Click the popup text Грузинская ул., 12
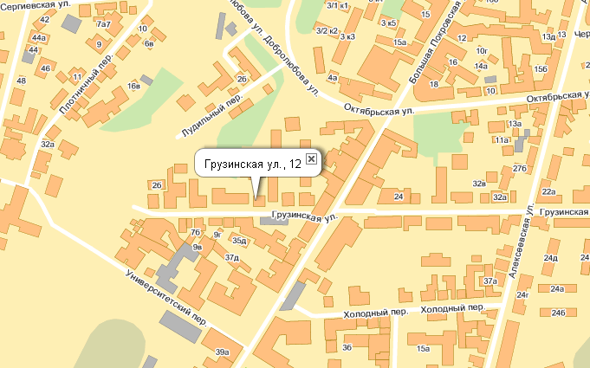[252, 163]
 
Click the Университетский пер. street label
[165, 295]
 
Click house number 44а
[39, 39]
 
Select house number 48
[21, 81]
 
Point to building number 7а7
[103, 24]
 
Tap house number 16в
[133, 86]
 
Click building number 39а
[223, 352]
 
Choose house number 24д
[550, 258]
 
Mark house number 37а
[491, 281]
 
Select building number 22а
[548, 191]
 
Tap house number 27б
[520, 167]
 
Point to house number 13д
[548, 36]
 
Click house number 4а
[332, 77]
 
